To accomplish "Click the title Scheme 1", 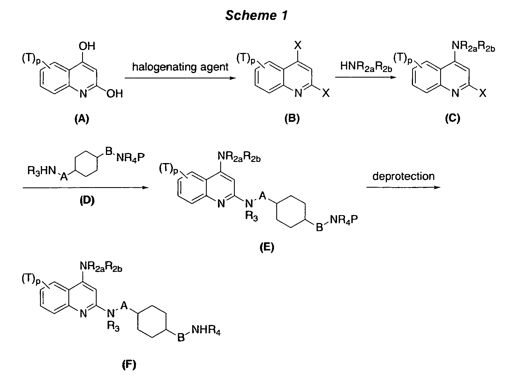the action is [256, 15].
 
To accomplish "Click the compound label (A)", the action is [82, 119].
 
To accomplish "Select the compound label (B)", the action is [292, 119].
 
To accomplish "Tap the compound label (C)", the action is [452, 119].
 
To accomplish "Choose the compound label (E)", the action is [266, 247].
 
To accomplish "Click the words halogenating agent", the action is [180, 67].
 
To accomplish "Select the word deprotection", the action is [403, 176].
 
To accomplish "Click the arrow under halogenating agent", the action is [180, 78].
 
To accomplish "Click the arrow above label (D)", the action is [86, 187].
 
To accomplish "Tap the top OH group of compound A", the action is [87, 46].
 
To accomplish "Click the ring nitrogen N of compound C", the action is [456, 94].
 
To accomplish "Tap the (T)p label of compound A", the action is [31, 60].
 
